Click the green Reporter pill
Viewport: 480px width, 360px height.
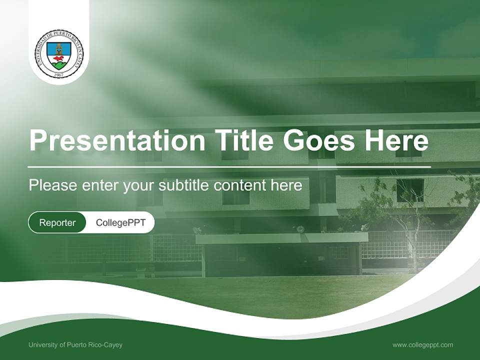click(57, 222)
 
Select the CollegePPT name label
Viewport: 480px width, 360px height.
click(120, 222)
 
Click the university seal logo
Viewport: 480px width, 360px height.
click(59, 53)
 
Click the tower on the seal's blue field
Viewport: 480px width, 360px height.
click(59, 49)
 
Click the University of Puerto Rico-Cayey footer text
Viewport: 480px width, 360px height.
click(75, 345)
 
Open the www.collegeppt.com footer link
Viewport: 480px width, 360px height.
click(422, 345)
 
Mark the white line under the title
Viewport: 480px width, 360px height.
click(229, 166)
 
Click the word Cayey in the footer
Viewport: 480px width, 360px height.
click(113, 345)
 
